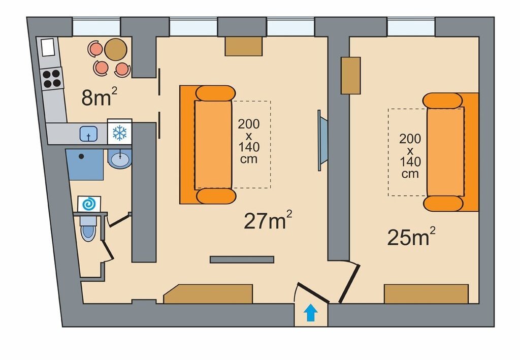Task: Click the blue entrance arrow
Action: [311, 313]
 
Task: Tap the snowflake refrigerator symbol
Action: [120, 133]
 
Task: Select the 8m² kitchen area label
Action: [99, 97]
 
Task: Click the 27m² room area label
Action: [268, 220]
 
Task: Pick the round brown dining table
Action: [115, 49]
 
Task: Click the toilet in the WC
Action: [88, 227]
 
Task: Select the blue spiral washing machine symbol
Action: [89, 204]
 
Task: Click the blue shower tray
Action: [85, 165]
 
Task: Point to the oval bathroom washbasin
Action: [120, 159]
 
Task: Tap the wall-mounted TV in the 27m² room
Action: [322, 141]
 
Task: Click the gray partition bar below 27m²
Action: [242, 259]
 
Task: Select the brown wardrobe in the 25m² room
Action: [426, 293]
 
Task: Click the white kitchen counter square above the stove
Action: [48, 47]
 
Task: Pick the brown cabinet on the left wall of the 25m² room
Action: [351, 76]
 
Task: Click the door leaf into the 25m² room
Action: [349, 283]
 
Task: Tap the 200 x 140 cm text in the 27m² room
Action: [249, 141]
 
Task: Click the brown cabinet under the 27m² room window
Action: [244, 46]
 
